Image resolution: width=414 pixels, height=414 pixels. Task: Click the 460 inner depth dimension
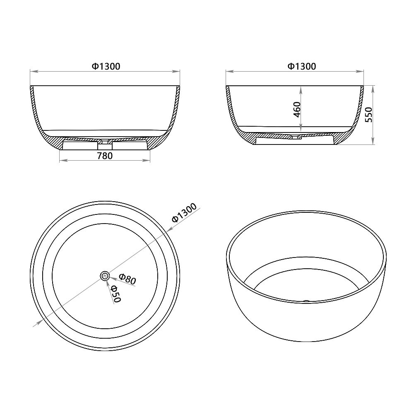pyautogui.click(x=296, y=109)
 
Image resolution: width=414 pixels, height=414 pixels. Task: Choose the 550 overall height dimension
pyautogui.click(x=368, y=115)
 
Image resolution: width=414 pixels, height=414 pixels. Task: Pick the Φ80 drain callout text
pyautogui.click(x=127, y=279)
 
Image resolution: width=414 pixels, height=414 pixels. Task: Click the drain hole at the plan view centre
pyautogui.click(x=105, y=275)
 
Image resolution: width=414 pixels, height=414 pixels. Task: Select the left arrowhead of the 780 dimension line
pyautogui.click(x=61, y=161)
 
